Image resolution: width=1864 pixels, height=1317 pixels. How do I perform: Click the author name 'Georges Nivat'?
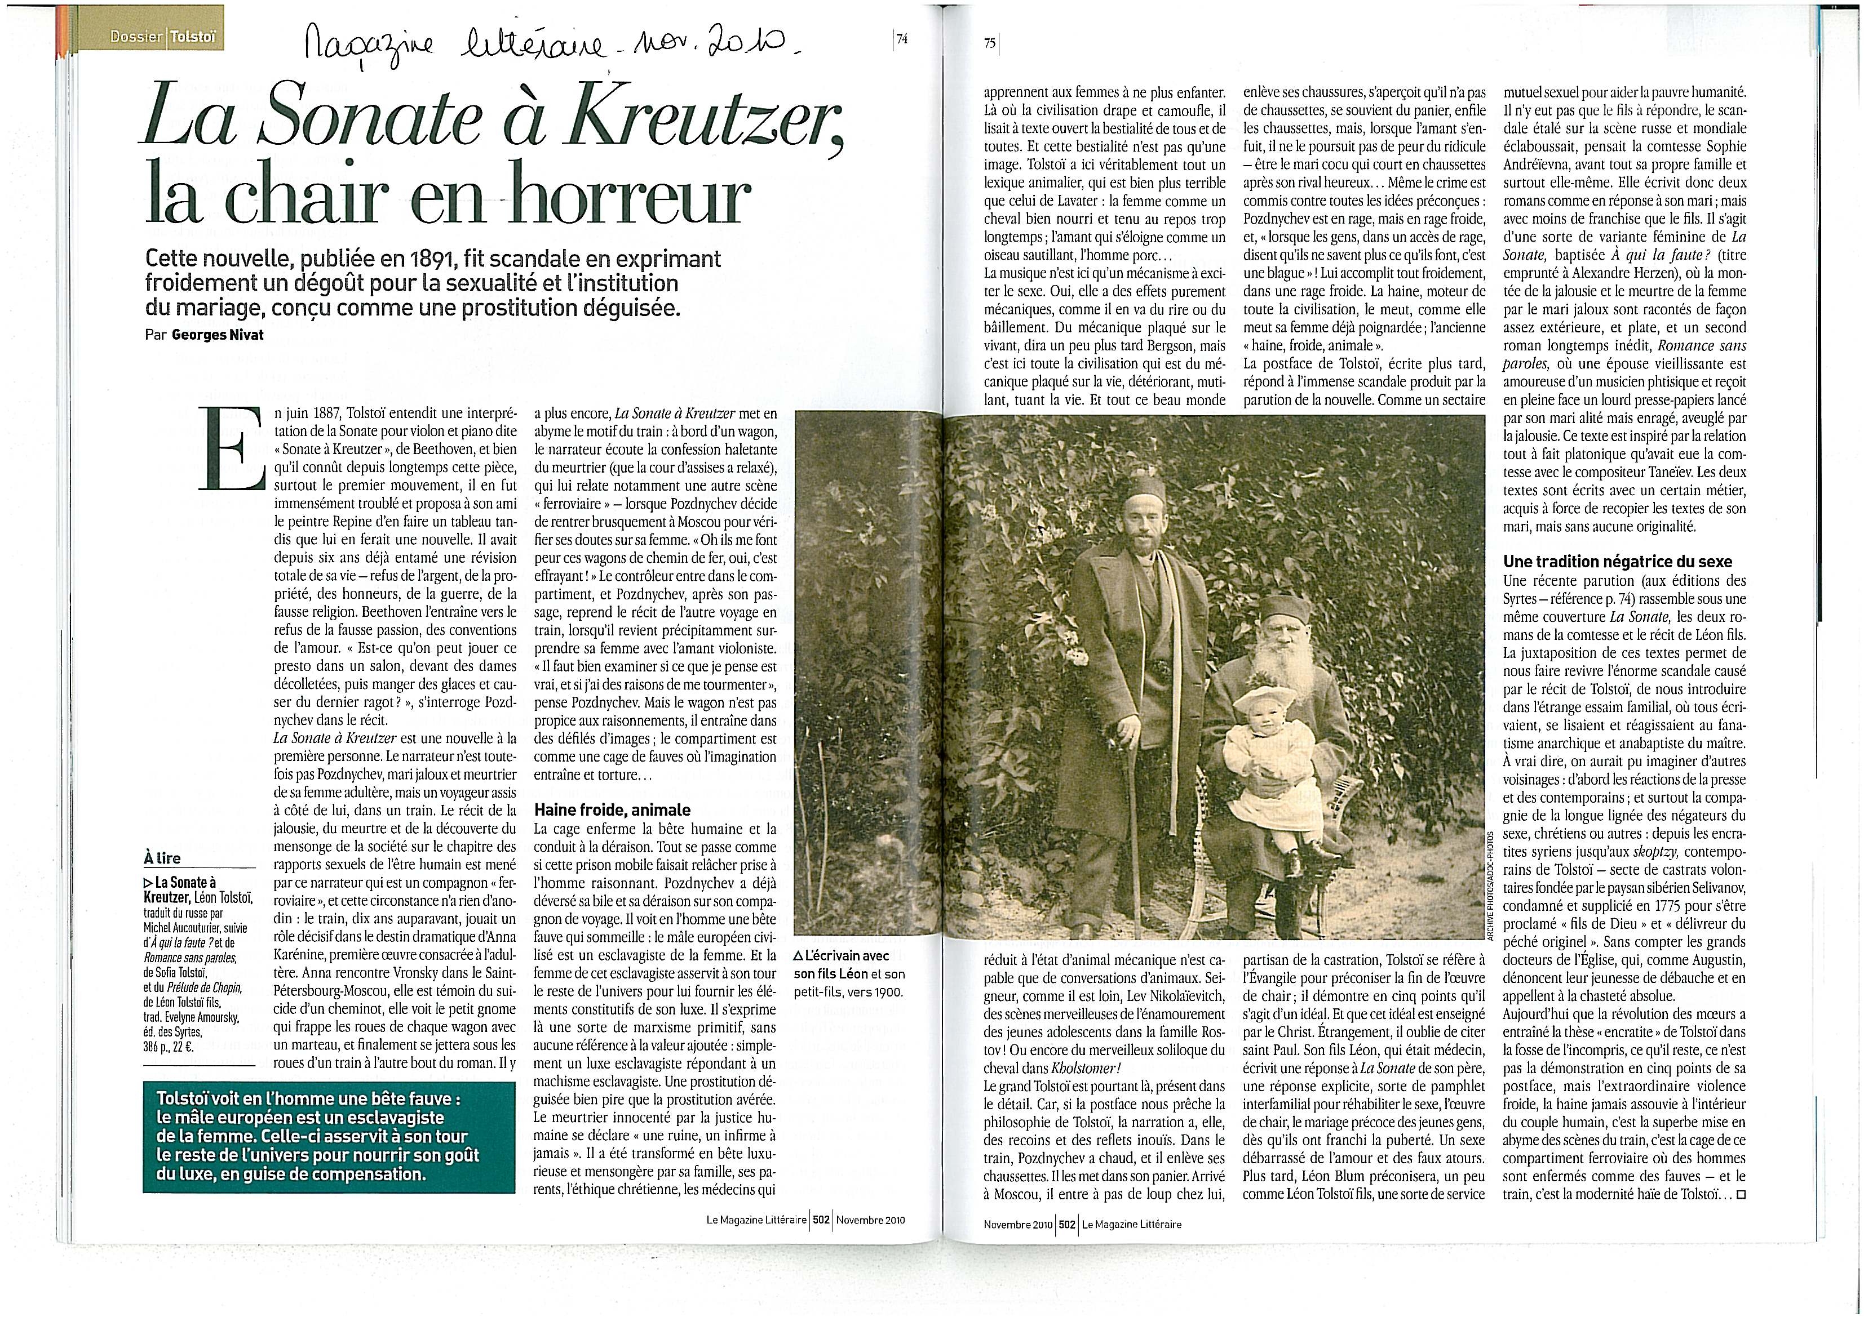tap(218, 335)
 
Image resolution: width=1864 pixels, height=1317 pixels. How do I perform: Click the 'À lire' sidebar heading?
tap(162, 858)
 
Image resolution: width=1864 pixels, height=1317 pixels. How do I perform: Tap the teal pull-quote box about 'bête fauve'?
tap(328, 1137)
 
